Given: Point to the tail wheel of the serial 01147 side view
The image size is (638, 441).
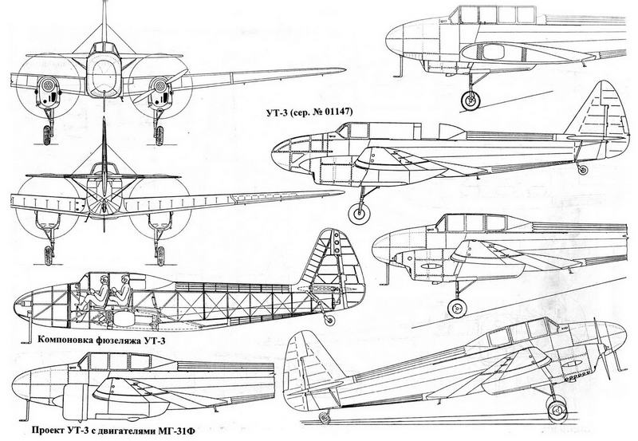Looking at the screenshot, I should pyautogui.click(x=583, y=170).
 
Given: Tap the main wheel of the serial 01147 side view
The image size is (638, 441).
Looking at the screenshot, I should pyautogui.click(x=360, y=213).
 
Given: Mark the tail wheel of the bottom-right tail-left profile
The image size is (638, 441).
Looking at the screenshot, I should pyautogui.click(x=324, y=418).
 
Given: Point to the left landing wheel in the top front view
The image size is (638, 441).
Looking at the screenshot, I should pyautogui.click(x=49, y=134).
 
